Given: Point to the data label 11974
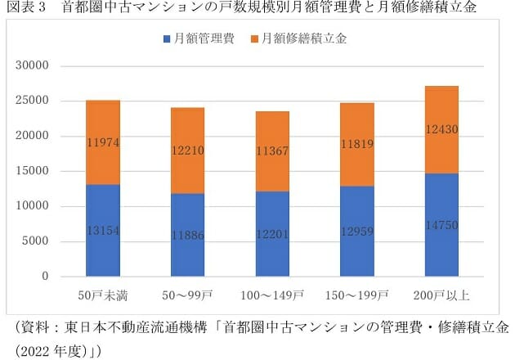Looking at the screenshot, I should (103, 143).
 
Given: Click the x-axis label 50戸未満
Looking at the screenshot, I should (103, 293).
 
